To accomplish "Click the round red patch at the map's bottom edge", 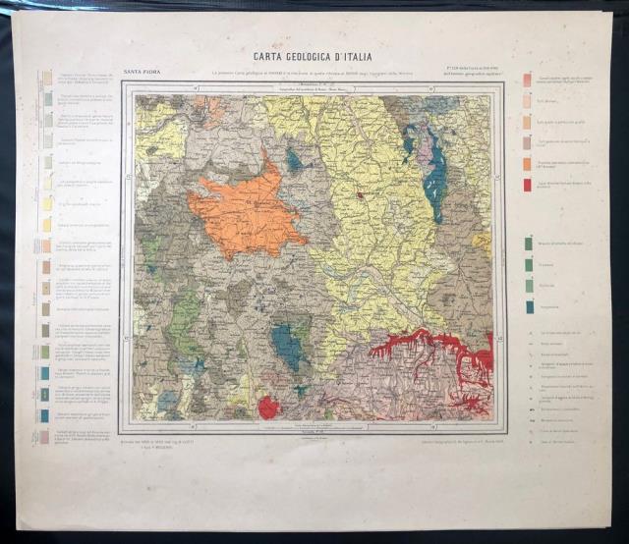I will pyautogui.click(x=268, y=407).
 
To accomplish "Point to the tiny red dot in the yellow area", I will pyautogui.click(x=361, y=195).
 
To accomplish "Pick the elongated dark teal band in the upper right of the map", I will pyautogui.click(x=434, y=177).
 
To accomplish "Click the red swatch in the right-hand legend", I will pyautogui.click(x=528, y=185).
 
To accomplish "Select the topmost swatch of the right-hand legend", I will pyautogui.click(x=528, y=80).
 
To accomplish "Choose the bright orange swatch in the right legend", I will pyautogui.click(x=528, y=163).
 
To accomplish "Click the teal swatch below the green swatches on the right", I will pyautogui.click(x=528, y=305).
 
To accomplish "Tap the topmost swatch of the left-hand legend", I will pyautogui.click(x=46, y=77).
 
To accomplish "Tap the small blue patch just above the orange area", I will pyautogui.click(x=294, y=160).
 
